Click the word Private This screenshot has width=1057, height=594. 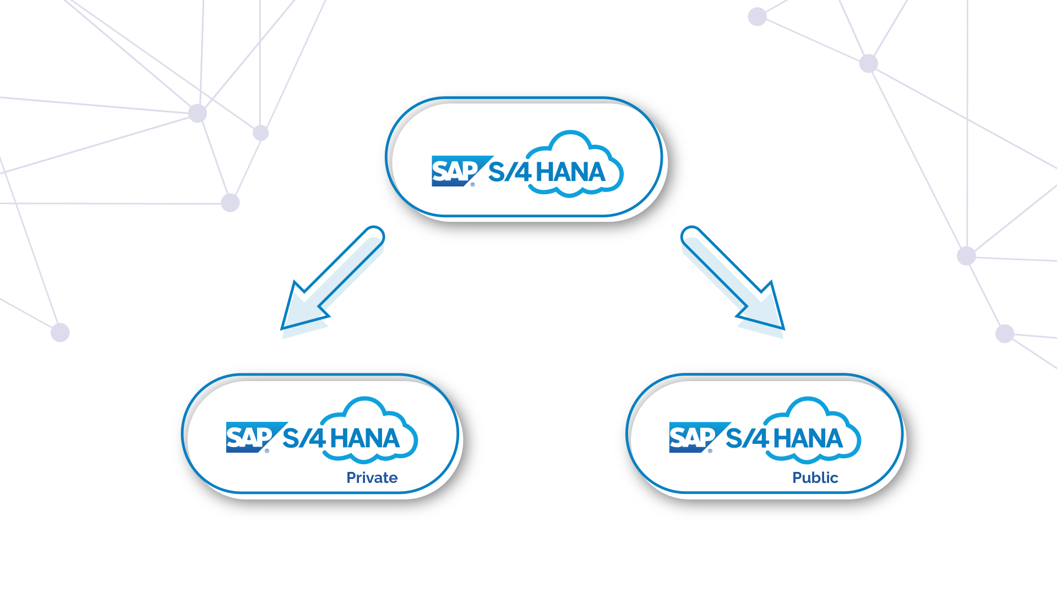click(372, 477)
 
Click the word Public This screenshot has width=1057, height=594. click(815, 477)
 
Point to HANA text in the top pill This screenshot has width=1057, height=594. click(570, 172)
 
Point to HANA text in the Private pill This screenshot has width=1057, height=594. click(364, 438)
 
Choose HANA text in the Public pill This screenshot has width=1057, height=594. click(808, 438)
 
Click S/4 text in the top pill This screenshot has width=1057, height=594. click(509, 172)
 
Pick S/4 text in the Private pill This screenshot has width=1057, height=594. click(303, 438)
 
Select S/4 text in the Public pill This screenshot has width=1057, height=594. click(747, 438)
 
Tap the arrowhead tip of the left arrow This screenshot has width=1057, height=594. click(284, 327)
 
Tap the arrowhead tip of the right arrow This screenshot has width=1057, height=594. click(782, 327)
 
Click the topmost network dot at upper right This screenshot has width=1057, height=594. click(758, 16)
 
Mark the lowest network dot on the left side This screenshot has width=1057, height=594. click(60, 332)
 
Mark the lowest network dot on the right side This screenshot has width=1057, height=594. click(1005, 333)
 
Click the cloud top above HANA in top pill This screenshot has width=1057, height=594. click(570, 135)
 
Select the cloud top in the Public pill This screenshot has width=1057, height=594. click(808, 402)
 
